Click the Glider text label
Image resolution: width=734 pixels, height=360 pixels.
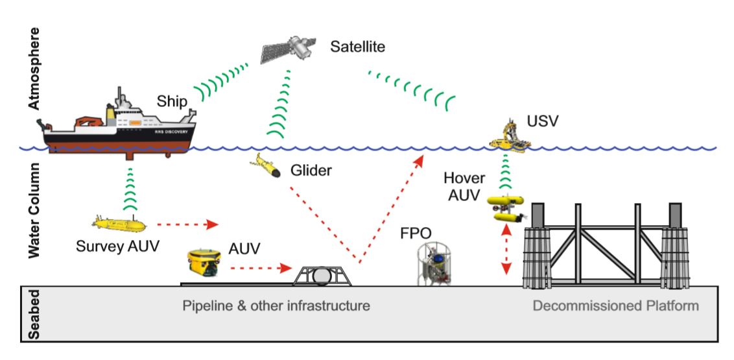click(311, 171)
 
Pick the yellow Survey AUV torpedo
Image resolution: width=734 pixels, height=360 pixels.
click(120, 222)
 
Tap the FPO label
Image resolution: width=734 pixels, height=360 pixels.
click(416, 232)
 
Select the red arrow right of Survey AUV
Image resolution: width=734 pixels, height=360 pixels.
click(187, 225)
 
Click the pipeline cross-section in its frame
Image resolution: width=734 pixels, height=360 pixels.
click(322, 275)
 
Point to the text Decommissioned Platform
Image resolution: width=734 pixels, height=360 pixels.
click(615, 305)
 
